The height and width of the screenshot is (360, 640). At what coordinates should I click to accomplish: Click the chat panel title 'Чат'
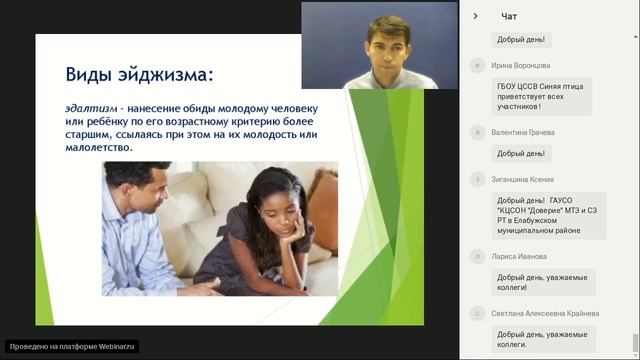(x=509, y=16)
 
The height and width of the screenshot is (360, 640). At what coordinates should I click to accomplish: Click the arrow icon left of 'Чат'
(x=476, y=16)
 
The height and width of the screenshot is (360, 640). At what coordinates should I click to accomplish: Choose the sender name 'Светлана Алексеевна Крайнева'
(x=545, y=313)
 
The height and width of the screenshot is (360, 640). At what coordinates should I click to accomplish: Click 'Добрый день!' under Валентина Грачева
(x=521, y=153)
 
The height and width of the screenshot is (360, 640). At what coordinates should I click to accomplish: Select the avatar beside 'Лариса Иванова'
(x=476, y=256)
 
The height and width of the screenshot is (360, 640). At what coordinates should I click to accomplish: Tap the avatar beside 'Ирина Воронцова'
(x=476, y=65)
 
